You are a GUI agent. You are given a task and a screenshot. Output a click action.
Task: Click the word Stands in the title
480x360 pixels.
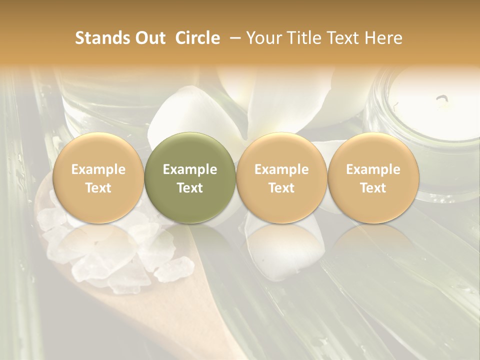101,38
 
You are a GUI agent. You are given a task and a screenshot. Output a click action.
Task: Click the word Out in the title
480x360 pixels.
148,38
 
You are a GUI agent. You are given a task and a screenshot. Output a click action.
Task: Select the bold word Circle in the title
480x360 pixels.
197,38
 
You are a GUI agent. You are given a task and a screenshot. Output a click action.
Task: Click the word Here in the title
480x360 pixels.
383,38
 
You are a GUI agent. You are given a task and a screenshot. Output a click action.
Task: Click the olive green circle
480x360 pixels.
189,177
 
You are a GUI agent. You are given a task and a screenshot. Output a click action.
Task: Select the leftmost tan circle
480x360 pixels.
98,177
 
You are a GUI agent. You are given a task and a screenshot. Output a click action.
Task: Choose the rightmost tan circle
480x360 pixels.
373,177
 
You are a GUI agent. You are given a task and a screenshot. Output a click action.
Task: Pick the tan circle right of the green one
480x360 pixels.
281,177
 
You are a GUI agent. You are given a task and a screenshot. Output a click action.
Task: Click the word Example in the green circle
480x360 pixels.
189,169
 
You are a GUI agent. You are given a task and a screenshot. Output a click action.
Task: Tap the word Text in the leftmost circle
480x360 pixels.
98,188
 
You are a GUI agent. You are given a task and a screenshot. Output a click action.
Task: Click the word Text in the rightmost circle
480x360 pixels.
373,188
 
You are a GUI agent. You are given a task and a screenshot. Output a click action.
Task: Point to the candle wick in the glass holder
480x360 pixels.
442,100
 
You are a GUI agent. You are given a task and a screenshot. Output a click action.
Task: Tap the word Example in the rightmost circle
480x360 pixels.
373,169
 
